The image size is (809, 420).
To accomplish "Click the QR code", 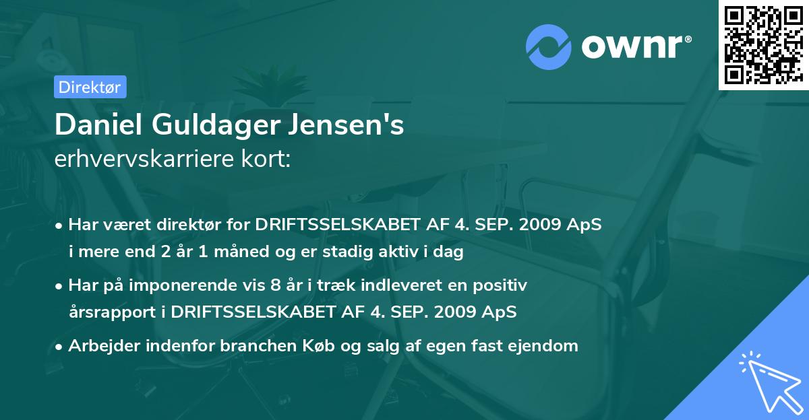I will pyautogui.click(x=764, y=44).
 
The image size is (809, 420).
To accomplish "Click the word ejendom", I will pyautogui.click(x=547, y=346).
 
